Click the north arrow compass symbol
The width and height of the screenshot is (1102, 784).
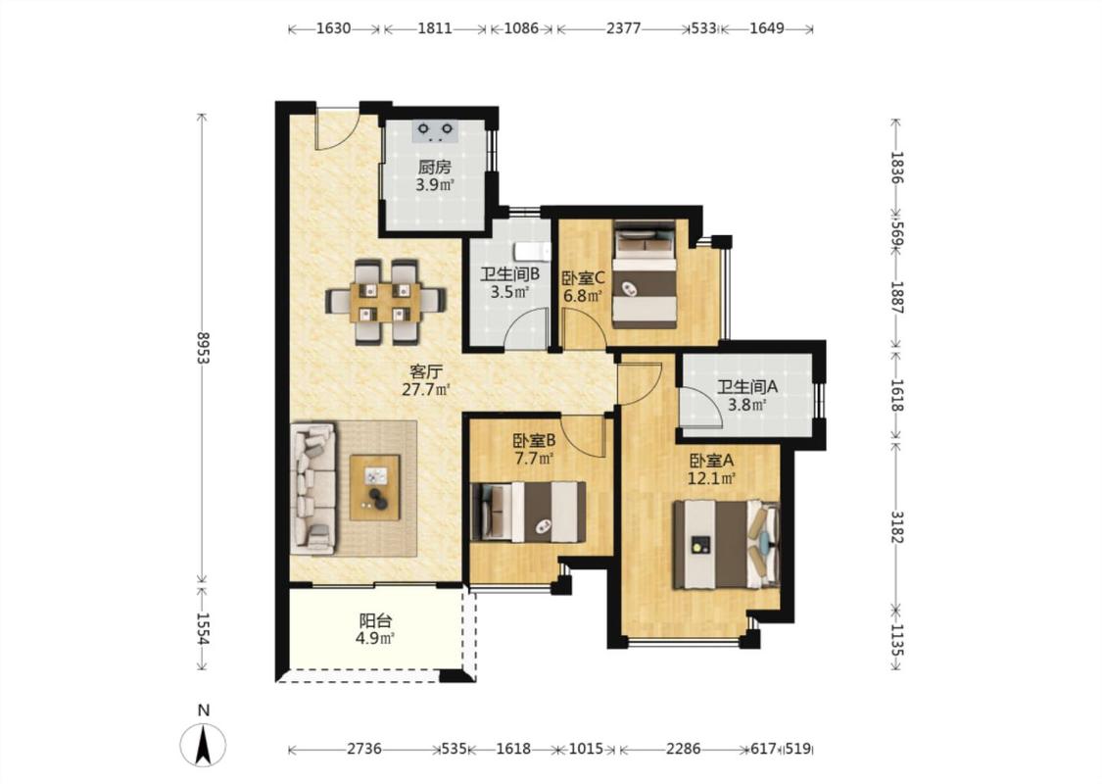click(203, 744)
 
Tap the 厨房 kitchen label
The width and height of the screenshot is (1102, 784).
click(434, 168)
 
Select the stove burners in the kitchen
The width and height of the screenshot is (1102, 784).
click(436, 130)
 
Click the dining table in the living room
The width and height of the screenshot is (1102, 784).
click(386, 302)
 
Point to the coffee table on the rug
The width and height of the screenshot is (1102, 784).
click(374, 487)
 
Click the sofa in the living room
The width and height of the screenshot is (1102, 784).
click(314, 487)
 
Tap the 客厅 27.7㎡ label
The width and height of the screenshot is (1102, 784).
click(426, 379)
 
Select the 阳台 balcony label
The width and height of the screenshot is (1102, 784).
click(375, 620)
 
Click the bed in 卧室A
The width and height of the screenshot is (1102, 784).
click(726, 544)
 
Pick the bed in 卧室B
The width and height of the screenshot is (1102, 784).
click(528, 512)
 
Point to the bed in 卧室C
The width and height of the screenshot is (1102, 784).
click(645, 274)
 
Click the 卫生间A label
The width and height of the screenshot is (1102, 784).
click(747, 386)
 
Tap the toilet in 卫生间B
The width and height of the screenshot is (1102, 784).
click(533, 251)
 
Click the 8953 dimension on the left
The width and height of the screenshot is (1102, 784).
click(204, 348)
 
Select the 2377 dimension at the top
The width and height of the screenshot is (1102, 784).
click(623, 28)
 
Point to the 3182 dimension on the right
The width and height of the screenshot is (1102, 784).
click(896, 526)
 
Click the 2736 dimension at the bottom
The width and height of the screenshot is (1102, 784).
click(364, 749)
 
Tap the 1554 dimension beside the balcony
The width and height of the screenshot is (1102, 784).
click(203, 628)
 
